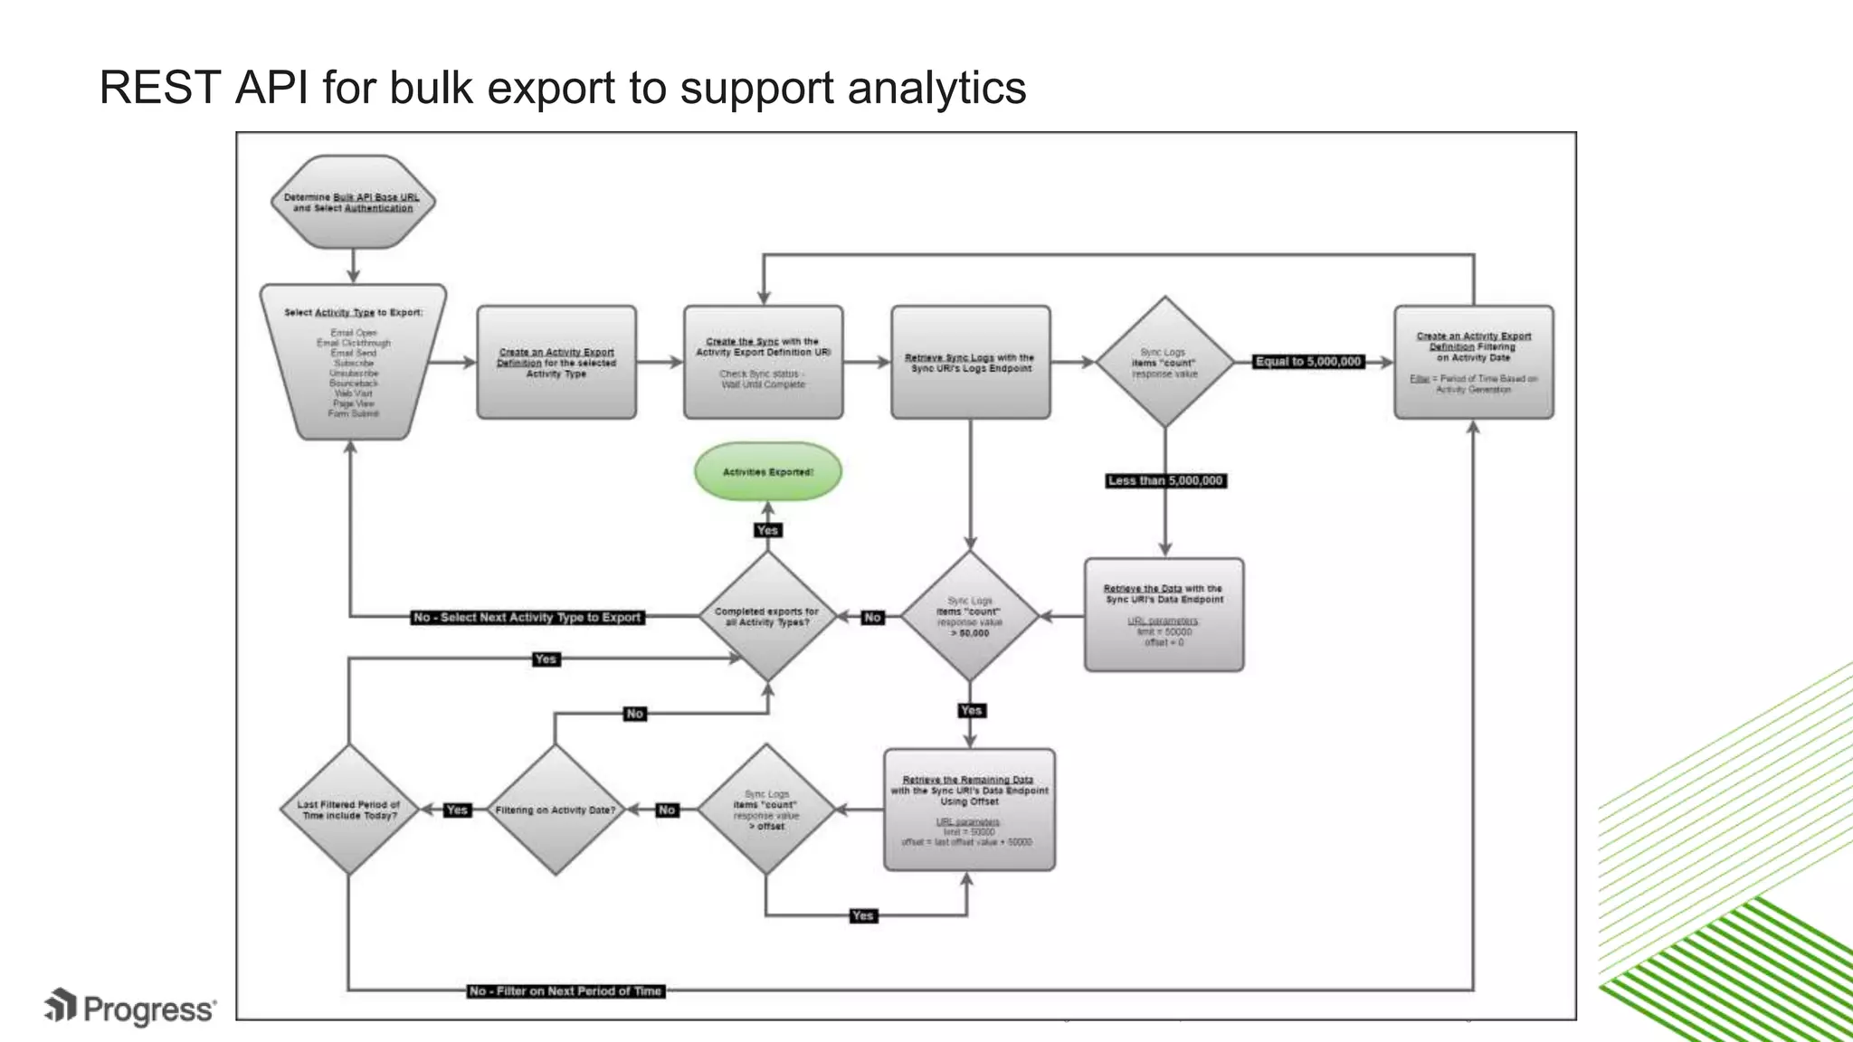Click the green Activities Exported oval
tap(767, 471)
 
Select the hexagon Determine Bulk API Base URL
tap(353, 202)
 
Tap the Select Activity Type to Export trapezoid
tap(353, 362)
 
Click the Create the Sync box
tap(763, 362)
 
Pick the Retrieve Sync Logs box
tap(970, 362)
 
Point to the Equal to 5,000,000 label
tap(1307, 362)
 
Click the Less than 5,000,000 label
tap(1165, 481)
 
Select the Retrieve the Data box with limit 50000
tap(1164, 615)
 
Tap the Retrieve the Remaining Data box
tap(969, 810)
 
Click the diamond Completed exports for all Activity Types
tap(767, 617)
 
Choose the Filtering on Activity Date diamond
tap(555, 810)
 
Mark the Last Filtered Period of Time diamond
tap(348, 810)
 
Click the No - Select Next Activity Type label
tap(527, 618)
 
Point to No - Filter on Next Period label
tap(565, 991)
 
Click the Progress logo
tap(131, 1009)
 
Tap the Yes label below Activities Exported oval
tap(767, 530)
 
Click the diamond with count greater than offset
tap(766, 810)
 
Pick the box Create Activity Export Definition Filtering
tap(1473, 362)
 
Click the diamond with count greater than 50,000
tap(969, 617)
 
